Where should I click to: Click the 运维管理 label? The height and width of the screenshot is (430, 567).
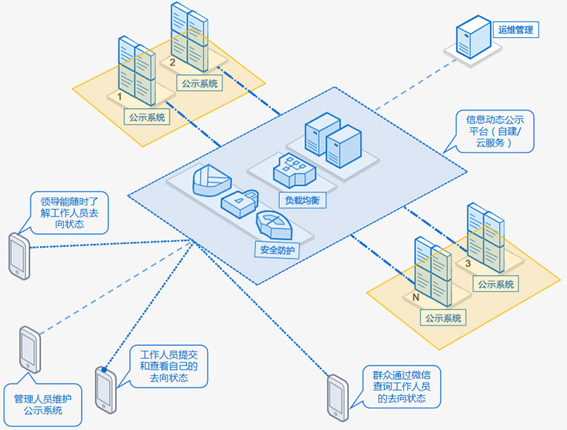click(515, 30)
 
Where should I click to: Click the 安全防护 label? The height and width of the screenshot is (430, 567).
click(280, 251)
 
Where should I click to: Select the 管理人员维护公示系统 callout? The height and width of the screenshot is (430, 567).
click(43, 405)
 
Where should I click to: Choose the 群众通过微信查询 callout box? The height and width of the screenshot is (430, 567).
click(402, 387)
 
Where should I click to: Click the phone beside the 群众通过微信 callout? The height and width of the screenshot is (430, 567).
click(337, 397)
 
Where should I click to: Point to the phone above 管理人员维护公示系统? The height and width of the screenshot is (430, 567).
click(30, 350)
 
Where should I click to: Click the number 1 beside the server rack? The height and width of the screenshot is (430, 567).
click(118, 96)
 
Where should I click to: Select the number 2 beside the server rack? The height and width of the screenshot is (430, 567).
click(172, 62)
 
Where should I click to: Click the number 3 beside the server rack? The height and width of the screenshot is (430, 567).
click(467, 263)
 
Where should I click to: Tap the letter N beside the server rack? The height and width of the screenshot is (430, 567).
click(415, 297)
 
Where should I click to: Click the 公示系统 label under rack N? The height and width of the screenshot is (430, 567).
click(443, 317)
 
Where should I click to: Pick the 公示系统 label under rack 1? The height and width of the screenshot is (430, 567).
click(147, 116)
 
